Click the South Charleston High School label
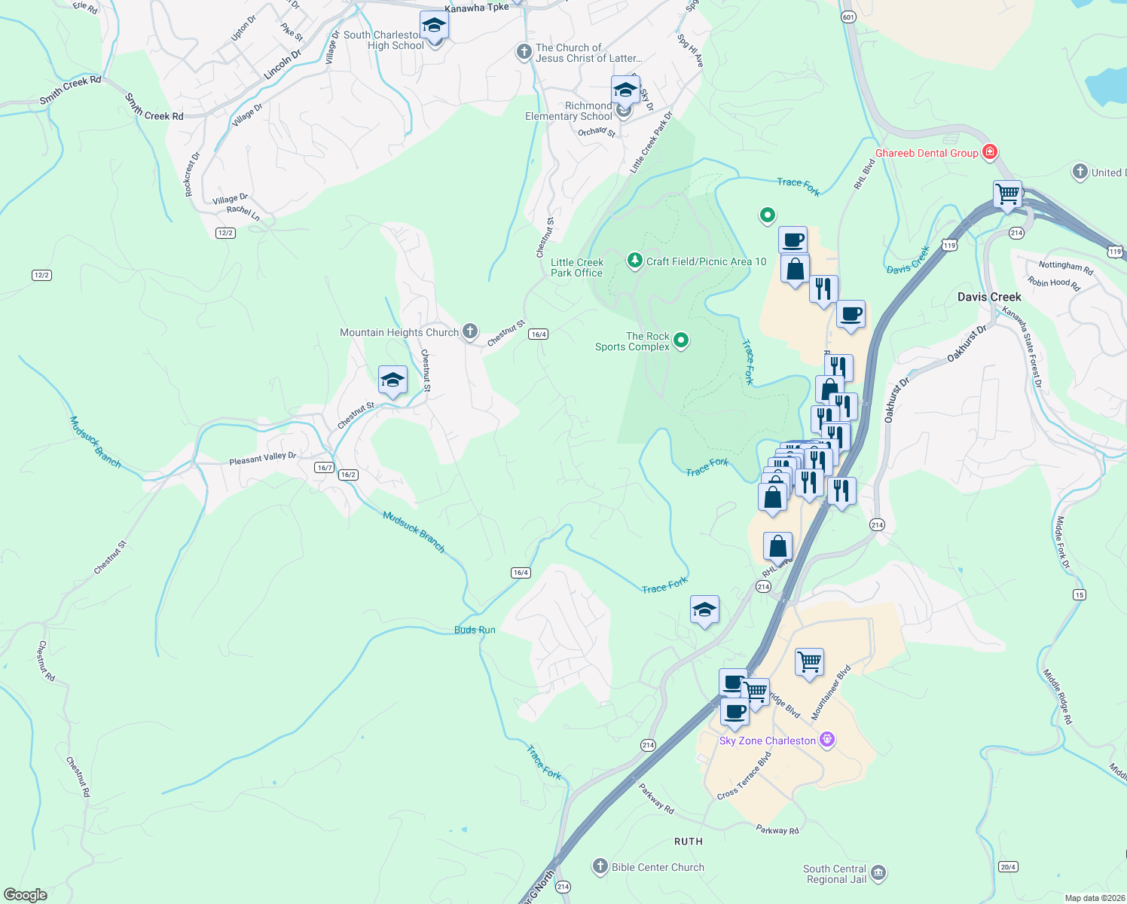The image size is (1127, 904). pyautogui.click(x=383, y=40)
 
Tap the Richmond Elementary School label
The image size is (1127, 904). pyautogui.click(x=569, y=111)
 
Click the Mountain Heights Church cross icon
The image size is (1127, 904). pyautogui.click(x=470, y=331)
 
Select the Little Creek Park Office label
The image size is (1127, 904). pyautogui.click(x=576, y=267)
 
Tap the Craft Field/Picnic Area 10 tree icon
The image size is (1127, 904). pyautogui.click(x=635, y=261)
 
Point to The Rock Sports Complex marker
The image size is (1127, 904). pyautogui.click(x=681, y=341)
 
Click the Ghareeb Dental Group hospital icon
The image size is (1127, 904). pyautogui.click(x=990, y=152)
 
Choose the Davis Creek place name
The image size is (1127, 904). pyautogui.click(x=989, y=297)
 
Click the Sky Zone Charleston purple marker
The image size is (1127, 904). pyautogui.click(x=827, y=740)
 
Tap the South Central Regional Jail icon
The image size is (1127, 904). pyautogui.click(x=878, y=873)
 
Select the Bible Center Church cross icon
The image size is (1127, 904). pyautogui.click(x=600, y=866)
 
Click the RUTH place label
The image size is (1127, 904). pyautogui.click(x=688, y=841)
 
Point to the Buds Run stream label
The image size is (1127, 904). pyautogui.click(x=475, y=630)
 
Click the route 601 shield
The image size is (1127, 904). pyautogui.click(x=848, y=17)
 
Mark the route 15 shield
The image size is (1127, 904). pyautogui.click(x=1080, y=594)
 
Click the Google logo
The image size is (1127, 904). pyautogui.click(x=25, y=895)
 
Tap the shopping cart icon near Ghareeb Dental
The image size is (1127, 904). pyautogui.click(x=1007, y=194)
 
